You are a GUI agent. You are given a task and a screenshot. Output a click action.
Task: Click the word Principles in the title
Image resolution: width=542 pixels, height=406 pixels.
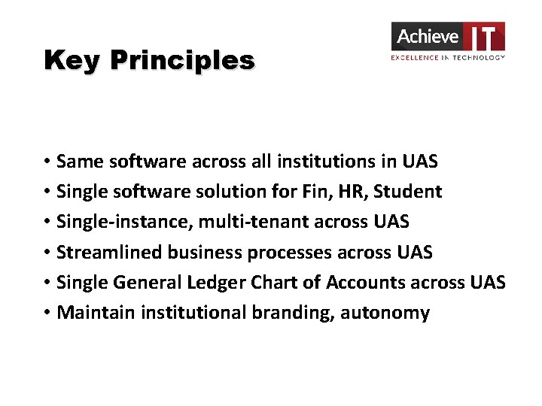[182, 60]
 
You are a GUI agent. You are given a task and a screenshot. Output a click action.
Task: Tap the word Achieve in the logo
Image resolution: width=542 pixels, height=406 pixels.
[428, 36]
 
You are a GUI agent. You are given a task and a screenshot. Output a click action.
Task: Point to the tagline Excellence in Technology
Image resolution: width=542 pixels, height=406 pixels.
[448, 57]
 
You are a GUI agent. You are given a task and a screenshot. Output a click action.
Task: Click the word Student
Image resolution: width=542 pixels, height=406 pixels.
[408, 192]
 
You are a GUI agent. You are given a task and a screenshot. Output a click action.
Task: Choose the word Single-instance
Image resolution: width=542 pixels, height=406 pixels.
[124, 222]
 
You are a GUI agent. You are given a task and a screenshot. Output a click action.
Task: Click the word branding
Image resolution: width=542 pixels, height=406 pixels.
[287, 313]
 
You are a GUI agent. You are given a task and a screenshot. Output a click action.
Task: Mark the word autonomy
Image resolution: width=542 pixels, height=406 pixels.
[385, 313]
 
